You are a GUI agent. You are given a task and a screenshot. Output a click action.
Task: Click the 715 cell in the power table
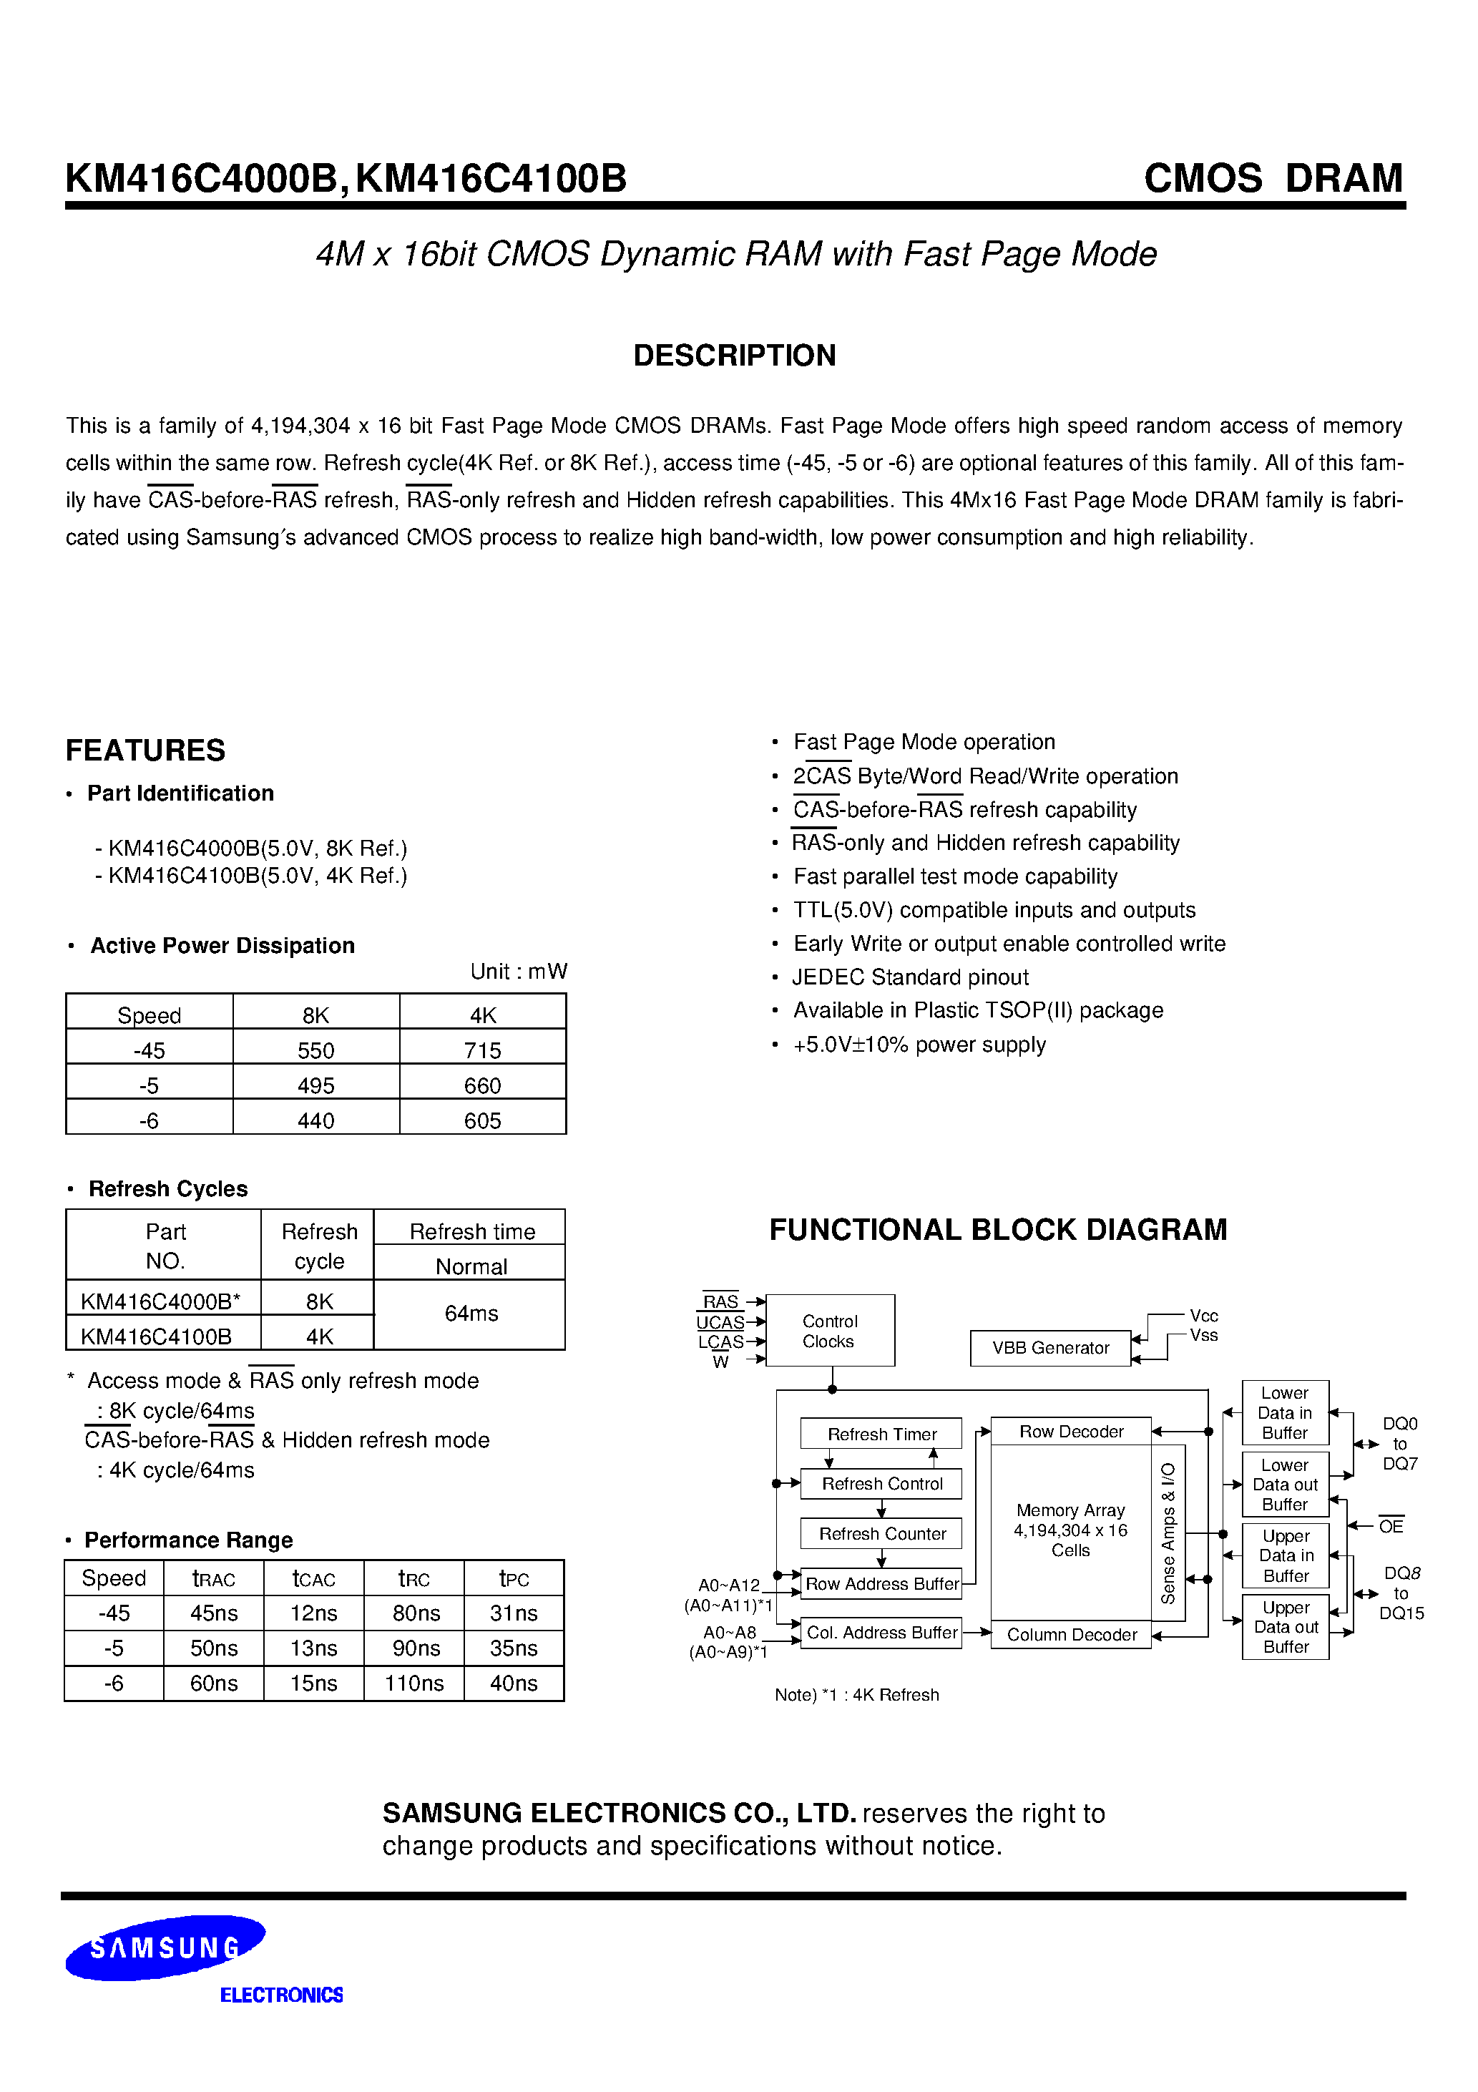point(482,1050)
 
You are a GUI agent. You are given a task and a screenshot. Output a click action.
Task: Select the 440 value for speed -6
point(315,1120)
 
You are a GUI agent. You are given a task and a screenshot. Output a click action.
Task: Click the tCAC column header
point(313,1578)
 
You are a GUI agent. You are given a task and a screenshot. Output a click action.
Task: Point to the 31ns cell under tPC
point(513,1613)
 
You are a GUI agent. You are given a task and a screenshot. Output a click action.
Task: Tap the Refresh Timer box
point(881,1434)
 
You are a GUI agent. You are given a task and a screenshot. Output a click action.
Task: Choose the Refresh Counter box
point(881,1533)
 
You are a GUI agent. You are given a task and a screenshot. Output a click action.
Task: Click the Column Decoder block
point(1071,1635)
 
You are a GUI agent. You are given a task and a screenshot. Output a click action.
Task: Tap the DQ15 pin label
point(1401,1613)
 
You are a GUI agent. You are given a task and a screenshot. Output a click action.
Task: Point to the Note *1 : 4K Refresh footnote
point(856,1695)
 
